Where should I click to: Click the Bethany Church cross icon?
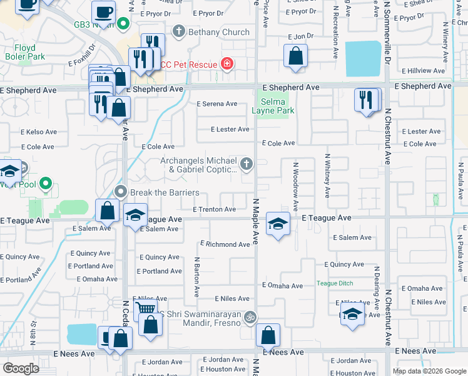[x=179, y=31]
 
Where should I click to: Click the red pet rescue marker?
[x=226, y=64]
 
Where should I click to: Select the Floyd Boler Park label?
[x=24, y=51]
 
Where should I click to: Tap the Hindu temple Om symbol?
[x=250, y=317]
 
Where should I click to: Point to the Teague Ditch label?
[x=335, y=283]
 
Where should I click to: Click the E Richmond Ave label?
[x=225, y=244]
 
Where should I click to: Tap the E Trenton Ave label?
[x=214, y=209]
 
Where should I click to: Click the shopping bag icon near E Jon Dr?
[x=295, y=56]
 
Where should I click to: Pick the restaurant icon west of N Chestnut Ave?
[x=367, y=100]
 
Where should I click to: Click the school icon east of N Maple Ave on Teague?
[x=278, y=222]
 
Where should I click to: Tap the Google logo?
[x=21, y=368]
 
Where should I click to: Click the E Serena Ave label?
[x=217, y=104]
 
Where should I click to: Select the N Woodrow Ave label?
[x=296, y=187]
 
